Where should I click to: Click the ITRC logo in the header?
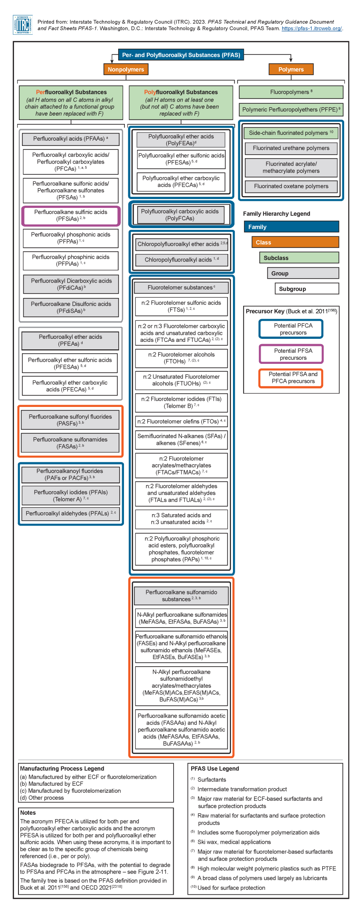[22, 25]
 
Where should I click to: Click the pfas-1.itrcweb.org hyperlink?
[311, 29]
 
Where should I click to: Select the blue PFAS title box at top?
[181, 55]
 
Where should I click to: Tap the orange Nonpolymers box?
[126, 69]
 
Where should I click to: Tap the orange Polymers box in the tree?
[291, 69]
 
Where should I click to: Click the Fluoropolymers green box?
[291, 92]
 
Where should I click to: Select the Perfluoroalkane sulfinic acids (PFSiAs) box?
[71, 215]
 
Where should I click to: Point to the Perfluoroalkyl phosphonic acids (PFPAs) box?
[71, 238]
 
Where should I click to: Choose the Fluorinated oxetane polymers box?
[291, 186]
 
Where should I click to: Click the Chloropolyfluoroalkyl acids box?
[181, 260]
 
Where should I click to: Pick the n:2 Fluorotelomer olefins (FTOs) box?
[181, 421]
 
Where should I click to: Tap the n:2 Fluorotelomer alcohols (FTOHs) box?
[181, 358]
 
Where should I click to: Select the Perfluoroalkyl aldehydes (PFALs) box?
[71, 513]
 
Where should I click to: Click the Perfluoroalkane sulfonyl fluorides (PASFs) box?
[71, 420]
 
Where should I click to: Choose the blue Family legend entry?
[291, 227]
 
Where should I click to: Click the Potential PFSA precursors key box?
[291, 354]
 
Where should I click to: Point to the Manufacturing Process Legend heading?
[62, 769]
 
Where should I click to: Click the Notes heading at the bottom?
[28, 813]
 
